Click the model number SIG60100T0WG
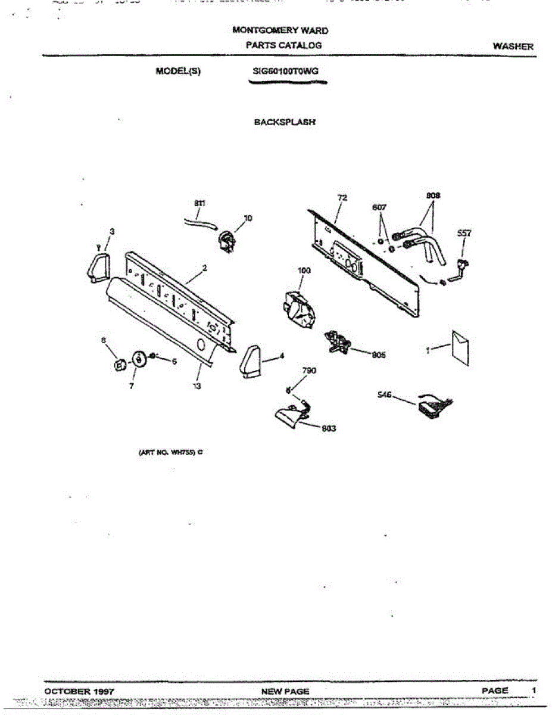(x=286, y=71)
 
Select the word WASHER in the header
(x=513, y=46)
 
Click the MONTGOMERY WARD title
(x=280, y=30)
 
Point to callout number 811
(x=200, y=203)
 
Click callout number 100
(x=304, y=271)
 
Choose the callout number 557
(x=464, y=233)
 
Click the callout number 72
(x=341, y=197)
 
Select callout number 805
(x=379, y=355)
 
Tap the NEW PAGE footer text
(x=285, y=691)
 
